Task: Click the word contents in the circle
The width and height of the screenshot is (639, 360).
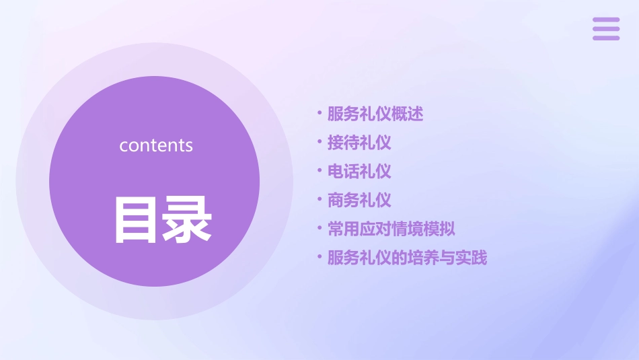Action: [x=156, y=145]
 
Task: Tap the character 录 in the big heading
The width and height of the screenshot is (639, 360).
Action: [x=186, y=219]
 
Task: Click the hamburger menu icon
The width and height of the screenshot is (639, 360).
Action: [x=606, y=29]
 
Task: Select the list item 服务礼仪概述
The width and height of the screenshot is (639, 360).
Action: [x=375, y=114]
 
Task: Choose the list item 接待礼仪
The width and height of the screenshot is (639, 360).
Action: [x=359, y=143]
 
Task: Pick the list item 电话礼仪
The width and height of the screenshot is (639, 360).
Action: [x=359, y=172]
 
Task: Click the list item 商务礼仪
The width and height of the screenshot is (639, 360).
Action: [x=359, y=200]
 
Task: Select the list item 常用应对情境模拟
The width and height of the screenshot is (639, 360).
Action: [x=391, y=229]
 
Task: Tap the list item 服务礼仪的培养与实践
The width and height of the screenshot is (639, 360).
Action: [x=407, y=258]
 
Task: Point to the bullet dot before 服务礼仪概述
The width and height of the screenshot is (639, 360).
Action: [x=319, y=114]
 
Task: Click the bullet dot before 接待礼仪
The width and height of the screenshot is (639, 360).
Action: [x=319, y=143]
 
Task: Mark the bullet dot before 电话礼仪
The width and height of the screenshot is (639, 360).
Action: [x=319, y=172]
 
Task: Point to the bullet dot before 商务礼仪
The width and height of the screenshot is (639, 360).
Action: [x=319, y=200]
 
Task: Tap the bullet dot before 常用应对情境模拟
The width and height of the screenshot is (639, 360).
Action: [x=319, y=229]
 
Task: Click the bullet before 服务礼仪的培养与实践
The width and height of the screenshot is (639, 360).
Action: [x=319, y=258]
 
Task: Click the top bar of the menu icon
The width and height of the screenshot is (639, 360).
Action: [x=606, y=20]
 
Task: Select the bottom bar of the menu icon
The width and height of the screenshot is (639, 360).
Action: [x=606, y=38]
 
